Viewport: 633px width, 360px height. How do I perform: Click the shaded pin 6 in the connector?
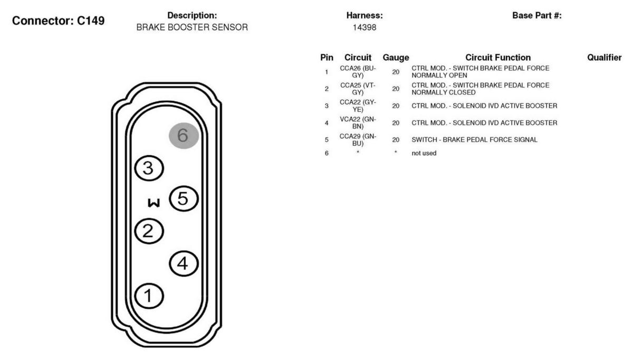click(x=184, y=136)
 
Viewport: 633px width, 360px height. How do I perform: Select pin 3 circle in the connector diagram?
click(x=149, y=168)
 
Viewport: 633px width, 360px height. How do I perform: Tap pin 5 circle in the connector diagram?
click(x=184, y=198)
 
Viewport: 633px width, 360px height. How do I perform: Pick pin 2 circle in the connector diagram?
click(x=149, y=231)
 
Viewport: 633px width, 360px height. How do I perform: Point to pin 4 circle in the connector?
click(x=184, y=263)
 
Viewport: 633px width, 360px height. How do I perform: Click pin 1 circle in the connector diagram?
click(x=149, y=296)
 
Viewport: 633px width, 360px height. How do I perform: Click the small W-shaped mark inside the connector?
click(x=154, y=203)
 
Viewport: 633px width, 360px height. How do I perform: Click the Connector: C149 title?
click(x=58, y=21)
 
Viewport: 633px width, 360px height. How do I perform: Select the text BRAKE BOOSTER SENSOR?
click(x=192, y=27)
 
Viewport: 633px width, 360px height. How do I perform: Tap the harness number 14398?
click(x=365, y=27)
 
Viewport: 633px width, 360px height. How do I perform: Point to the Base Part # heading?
click(x=537, y=15)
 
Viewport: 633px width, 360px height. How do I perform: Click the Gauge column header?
click(x=396, y=58)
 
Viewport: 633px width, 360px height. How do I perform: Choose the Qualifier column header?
click(x=605, y=58)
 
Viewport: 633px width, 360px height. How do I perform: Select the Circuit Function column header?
click(x=498, y=58)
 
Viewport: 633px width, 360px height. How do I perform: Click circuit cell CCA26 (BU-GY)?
click(x=358, y=72)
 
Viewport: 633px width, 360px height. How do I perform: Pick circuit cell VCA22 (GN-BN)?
click(x=358, y=123)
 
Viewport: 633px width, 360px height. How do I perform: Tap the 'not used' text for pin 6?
click(x=424, y=153)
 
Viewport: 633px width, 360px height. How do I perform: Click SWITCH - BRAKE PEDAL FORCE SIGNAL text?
click(x=474, y=140)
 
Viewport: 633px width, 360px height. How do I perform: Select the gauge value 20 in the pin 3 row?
click(x=396, y=106)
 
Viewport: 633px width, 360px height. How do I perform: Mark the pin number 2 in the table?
click(x=327, y=89)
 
